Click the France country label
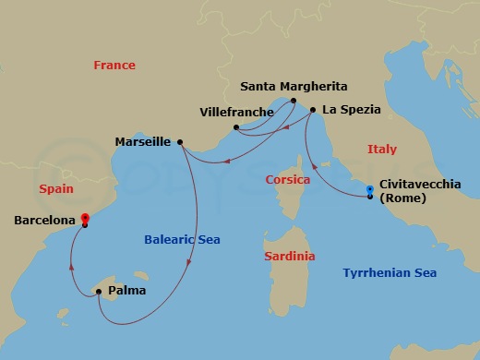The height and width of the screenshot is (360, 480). [x=114, y=66]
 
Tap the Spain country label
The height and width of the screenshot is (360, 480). [x=56, y=189]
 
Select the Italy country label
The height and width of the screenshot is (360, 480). [x=382, y=149]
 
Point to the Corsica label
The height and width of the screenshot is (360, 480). [x=287, y=179]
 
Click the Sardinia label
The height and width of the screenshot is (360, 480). [x=289, y=256]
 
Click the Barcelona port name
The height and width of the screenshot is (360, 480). [x=45, y=221]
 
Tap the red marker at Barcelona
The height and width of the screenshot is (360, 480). [x=85, y=219]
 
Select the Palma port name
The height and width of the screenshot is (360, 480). [x=126, y=291]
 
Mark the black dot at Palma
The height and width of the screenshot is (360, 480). [x=99, y=293]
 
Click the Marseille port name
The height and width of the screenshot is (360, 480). [x=142, y=142]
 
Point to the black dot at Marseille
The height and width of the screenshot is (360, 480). [x=180, y=142]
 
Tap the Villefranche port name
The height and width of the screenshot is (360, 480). [x=236, y=113]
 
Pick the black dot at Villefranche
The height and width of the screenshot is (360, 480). [x=237, y=127]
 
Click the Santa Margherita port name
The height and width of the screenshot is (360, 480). [x=294, y=87]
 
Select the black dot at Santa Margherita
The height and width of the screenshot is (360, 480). [x=294, y=101]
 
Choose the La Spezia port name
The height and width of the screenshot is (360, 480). [x=352, y=110]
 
